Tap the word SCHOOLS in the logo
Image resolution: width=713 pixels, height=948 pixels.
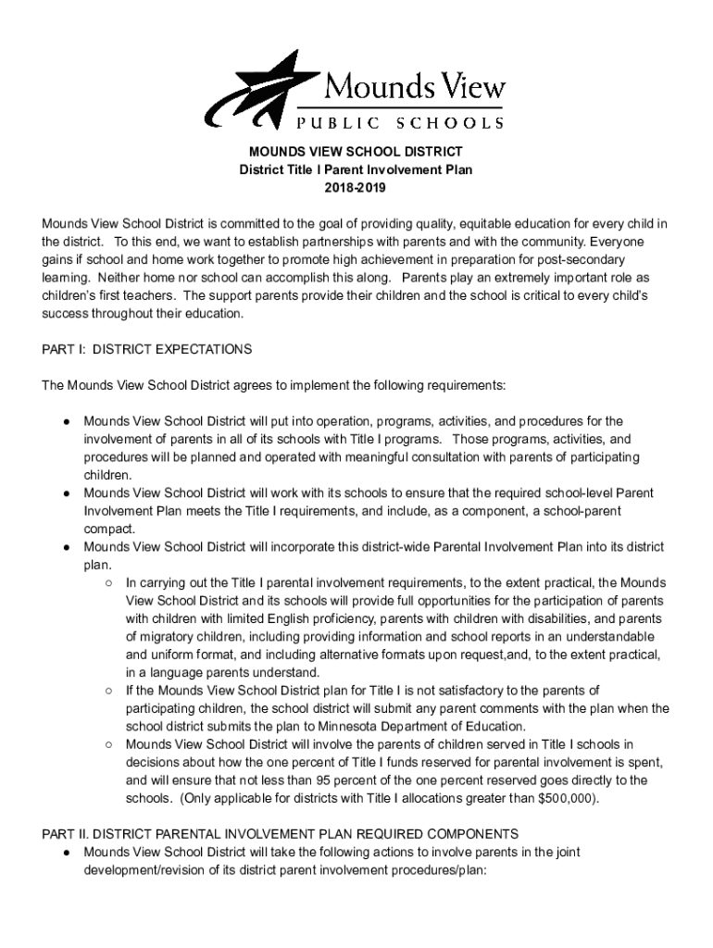pyautogui.click(x=450, y=121)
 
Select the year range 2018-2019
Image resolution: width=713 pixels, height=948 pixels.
pyautogui.click(x=356, y=188)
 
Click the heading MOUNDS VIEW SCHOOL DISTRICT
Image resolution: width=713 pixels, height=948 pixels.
pyautogui.click(x=356, y=151)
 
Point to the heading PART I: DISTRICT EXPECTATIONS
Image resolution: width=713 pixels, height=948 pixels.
pyautogui.click(x=147, y=349)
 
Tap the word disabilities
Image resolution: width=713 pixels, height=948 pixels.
pyautogui.click(x=546, y=618)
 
